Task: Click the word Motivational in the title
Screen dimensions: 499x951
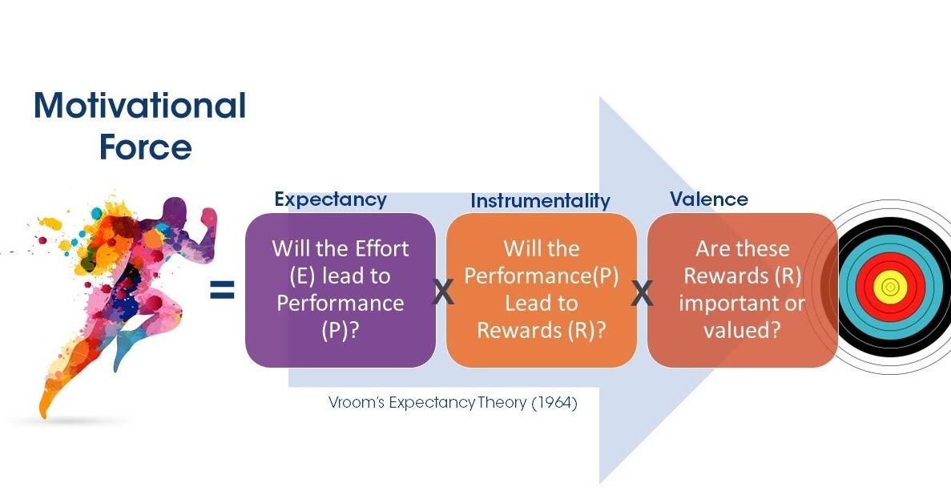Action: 139,106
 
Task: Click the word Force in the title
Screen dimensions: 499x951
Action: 145,147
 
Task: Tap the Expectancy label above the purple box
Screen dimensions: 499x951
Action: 330,199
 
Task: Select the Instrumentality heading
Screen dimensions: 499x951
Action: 540,200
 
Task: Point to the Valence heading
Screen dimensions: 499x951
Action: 708,199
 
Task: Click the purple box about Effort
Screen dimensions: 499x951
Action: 341,289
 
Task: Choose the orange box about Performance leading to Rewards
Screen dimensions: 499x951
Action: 541,289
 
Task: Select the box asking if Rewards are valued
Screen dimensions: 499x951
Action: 742,289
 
